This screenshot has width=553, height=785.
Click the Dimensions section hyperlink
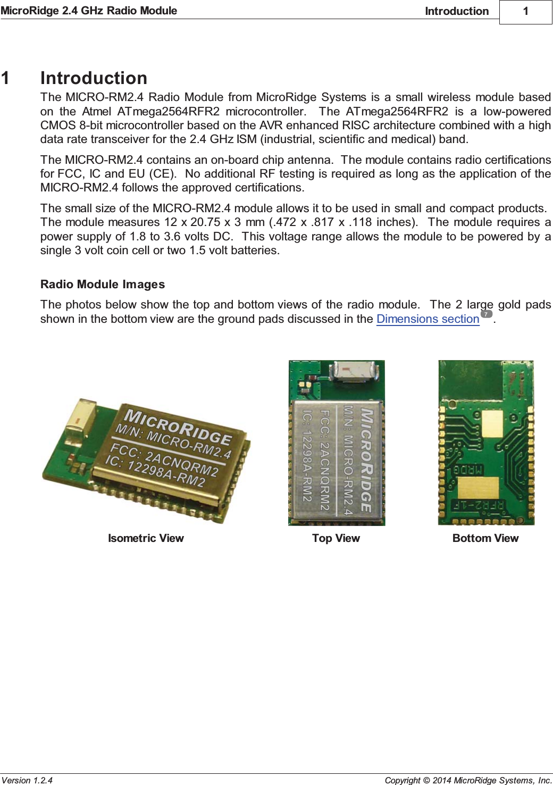pyautogui.click(x=428, y=319)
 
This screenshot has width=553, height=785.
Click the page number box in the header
pyautogui.click(x=525, y=12)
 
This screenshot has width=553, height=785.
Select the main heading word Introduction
pyautogui.click(x=94, y=78)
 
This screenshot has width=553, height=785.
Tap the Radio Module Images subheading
pyautogui.click(x=103, y=285)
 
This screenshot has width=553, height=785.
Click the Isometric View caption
pyautogui.click(x=146, y=538)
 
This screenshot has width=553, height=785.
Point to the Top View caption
pyautogui.click(x=336, y=538)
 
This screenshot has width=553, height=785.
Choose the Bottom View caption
pyautogui.click(x=485, y=538)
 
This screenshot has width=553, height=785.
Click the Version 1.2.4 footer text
pyautogui.click(x=27, y=780)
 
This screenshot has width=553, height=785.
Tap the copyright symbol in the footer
pyautogui.click(x=426, y=780)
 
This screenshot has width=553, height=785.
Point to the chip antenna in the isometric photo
pyautogui.click(x=79, y=416)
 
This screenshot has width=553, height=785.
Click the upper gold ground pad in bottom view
pyautogui.click(x=491, y=424)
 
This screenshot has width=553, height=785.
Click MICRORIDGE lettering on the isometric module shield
pyautogui.click(x=178, y=424)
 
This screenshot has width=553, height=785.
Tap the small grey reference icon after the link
pyautogui.click(x=486, y=314)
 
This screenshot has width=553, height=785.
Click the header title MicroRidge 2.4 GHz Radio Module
pyautogui.click(x=89, y=11)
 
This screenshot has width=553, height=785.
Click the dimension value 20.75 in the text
pyautogui.click(x=205, y=222)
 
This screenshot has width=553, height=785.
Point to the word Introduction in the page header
pyautogui.click(x=456, y=11)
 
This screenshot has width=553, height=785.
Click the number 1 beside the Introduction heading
pyautogui.click(x=5, y=78)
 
